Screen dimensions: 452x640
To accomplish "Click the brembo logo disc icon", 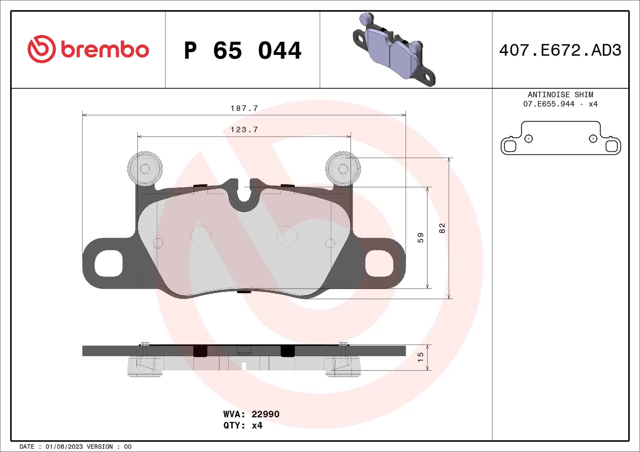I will click(x=42, y=49).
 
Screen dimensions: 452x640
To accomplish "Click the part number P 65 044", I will click(x=242, y=51).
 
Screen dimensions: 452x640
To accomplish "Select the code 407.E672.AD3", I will click(x=560, y=50).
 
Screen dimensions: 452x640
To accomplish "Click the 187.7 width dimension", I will click(x=244, y=109).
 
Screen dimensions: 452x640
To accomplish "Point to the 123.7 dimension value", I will click(x=244, y=130).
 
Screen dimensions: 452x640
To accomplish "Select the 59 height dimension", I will click(x=420, y=237).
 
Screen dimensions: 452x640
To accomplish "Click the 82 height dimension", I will click(x=442, y=228).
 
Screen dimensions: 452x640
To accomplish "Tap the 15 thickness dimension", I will click(x=420, y=357).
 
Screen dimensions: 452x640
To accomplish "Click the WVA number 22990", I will click(x=265, y=414).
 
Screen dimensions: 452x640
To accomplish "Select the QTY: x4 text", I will click(x=243, y=425).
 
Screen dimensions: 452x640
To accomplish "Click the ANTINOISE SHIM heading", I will click(x=560, y=95).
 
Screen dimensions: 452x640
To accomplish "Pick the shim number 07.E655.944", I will click(x=548, y=104).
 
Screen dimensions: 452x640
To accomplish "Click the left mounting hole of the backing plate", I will click(x=108, y=263).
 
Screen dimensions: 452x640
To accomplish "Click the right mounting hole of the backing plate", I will click(x=379, y=263).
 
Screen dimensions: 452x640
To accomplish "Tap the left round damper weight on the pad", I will click(x=145, y=169).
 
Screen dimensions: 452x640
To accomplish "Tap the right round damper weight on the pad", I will click(x=343, y=169).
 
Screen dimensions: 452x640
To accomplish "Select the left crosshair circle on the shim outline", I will click(x=529, y=138).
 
